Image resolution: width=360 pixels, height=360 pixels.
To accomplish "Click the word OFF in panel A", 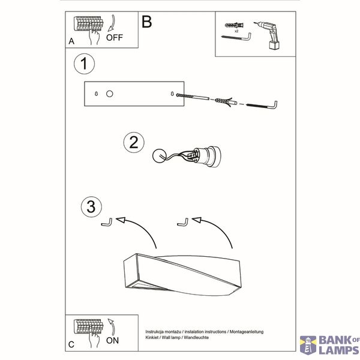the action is click(x=115, y=37).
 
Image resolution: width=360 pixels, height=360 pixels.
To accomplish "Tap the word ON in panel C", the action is click(x=112, y=340).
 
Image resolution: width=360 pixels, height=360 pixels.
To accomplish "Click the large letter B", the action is click(x=147, y=22).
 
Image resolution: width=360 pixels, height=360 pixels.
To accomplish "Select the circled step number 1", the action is click(x=84, y=64).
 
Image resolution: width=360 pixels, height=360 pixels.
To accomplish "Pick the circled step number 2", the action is click(x=134, y=143).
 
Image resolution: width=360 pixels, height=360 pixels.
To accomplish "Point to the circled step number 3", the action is click(x=91, y=206).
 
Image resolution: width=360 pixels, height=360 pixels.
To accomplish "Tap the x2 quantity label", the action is click(x=236, y=31).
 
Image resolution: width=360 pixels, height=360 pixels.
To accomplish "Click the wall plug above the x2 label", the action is click(x=234, y=25).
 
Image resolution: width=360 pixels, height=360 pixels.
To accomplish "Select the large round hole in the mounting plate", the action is click(x=110, y=94).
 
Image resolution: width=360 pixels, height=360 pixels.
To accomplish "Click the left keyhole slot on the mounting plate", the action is click(x=96, y=94).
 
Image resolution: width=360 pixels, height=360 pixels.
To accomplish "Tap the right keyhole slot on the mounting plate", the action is click(x=172, y=94).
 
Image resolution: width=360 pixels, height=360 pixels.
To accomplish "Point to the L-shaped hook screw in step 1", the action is click(x=262, y=106).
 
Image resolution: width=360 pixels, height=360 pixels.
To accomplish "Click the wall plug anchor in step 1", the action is click(x=226, y=101).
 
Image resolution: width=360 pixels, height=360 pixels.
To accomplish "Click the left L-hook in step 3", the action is click(x=107, y=223).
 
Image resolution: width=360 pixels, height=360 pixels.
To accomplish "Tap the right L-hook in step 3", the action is click(x=183, y=223).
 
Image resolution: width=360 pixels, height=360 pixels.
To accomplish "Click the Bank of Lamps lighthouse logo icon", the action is click(x=308, y=345).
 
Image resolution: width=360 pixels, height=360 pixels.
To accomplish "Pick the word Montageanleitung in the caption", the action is click(x=247, y=332).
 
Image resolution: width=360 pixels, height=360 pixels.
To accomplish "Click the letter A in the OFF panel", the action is click(x=71, y=41).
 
